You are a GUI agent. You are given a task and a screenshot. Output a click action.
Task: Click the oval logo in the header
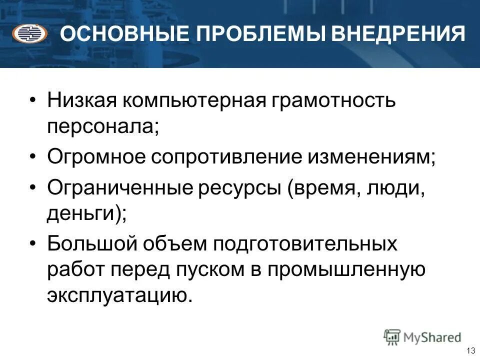(30, 34)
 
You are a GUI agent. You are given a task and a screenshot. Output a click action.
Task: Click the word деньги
(84, 214)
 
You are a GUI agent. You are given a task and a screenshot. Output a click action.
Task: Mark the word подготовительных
(306, 245)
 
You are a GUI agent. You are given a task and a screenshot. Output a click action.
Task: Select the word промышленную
(346, 270)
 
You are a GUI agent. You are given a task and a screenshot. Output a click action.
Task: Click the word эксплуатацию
(119, 295)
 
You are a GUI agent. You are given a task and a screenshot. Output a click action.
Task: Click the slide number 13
(470, 350)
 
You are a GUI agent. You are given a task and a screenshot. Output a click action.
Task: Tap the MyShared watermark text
(432, 337)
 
